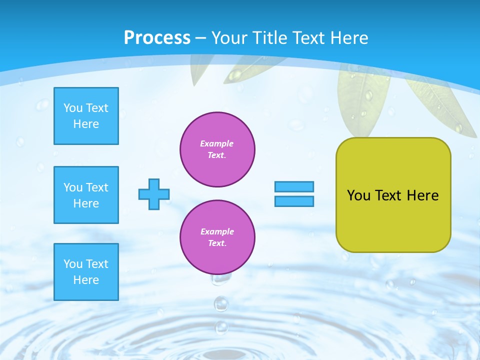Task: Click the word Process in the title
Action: pos(157,38)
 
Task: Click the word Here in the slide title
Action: pos(347,38)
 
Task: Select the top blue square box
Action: pos(86,116)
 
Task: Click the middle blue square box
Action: pos(86,195)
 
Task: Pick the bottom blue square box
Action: pos(86,272)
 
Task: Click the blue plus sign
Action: pos(154,194)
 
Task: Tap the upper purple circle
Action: pos(217,149)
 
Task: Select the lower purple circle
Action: pos(217,237)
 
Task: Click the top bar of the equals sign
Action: pos(294,186)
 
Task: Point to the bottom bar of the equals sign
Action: pos(294,201)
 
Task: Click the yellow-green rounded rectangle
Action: pos(393,220)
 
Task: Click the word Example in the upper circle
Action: pos(217,143)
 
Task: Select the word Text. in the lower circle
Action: pos(217,243)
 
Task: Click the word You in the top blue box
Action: pos(73,108)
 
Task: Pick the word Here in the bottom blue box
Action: pos(86,280)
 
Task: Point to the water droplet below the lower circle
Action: pos(220,303)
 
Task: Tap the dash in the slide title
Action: pos(201,38)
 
